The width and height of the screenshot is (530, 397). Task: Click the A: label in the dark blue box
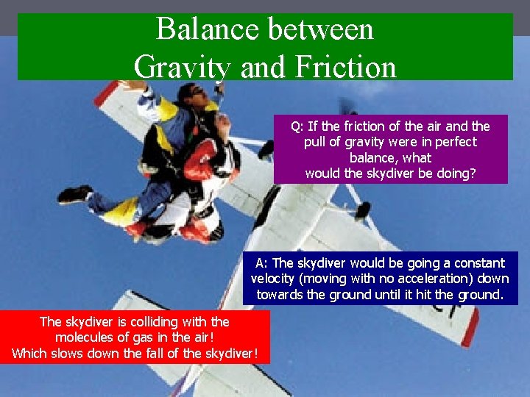click(x=263, y=263)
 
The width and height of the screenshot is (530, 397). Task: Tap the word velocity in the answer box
click(x=275, y=279)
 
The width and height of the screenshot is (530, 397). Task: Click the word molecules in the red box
click(x=86, y=337)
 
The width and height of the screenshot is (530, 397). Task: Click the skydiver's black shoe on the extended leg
click(x=74, y=195)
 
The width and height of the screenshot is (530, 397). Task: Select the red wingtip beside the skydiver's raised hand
click(x=106, y=93)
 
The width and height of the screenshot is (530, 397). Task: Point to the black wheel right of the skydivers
click(x=266, y=150)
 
